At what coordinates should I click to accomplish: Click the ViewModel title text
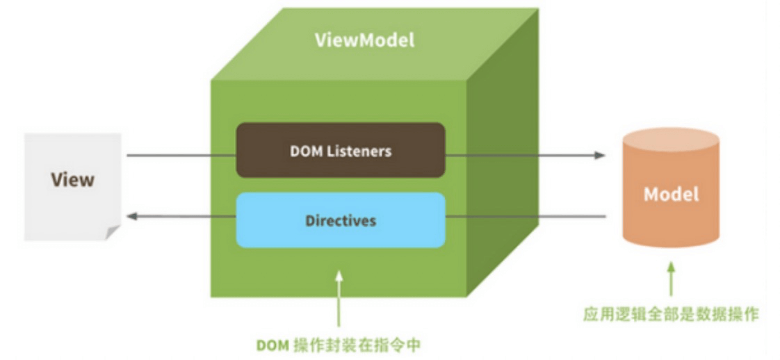365,40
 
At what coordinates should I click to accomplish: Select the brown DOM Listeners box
340,150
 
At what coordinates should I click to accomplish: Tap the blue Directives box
340,220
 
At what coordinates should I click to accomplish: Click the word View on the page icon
72,179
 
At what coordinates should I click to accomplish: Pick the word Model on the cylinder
671,194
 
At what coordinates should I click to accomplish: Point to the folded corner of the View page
113,233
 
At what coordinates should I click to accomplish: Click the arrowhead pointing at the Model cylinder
600,155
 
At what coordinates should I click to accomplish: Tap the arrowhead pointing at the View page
132,216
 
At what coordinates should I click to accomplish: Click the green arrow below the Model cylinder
672,279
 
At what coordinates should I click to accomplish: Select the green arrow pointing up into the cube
339,298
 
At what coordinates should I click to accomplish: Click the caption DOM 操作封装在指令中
339,345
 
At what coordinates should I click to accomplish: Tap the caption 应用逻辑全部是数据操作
671,315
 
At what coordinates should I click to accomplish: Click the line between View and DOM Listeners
181,155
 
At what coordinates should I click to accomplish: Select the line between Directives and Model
526,216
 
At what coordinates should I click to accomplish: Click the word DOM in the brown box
306,151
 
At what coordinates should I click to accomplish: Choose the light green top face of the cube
375,44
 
